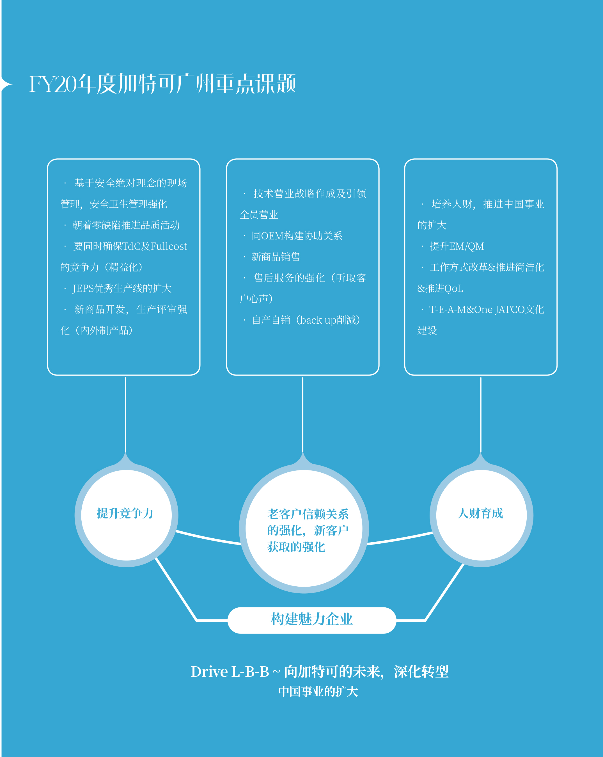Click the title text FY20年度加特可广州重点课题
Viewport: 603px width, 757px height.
point(162,84)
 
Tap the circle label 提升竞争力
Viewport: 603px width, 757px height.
point(125,513)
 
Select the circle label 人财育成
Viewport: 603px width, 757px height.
point(480,513)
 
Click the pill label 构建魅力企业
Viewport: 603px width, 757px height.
point(312,619)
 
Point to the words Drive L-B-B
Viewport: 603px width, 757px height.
point(230,672)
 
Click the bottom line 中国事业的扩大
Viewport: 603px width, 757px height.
point(318,692)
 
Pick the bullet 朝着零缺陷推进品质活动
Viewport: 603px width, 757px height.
point(126,225)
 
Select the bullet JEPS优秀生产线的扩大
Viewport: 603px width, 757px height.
point(122,288)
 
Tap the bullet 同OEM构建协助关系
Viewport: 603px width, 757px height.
point(297,235)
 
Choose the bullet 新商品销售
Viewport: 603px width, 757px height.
point(276,257)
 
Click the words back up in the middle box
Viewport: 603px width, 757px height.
point(318,320)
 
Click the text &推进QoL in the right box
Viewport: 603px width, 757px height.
point(440,288)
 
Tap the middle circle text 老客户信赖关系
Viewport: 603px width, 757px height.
point(308,514)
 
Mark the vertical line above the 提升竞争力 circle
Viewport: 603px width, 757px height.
point(126,414)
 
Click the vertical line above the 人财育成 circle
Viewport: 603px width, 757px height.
point(480,414)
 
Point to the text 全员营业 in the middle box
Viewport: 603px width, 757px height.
point(259,214)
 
